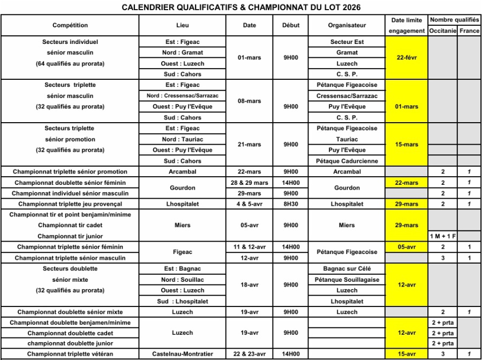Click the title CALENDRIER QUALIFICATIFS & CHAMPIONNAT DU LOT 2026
pyautogui.click(x=241, y=7)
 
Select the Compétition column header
pyautogui.click(x=70, y=25)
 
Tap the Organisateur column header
pyautogui.click(x=347, y=25)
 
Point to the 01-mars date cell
pyautogui.click(x=249, y=58)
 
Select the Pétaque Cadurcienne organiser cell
pyautogui.click(x=347, y=161)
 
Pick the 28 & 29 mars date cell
pyautogui.click(x=249, y=183)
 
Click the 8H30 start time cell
pyautogui.click(x=291, y=204)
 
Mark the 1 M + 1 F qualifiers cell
pyautogui.click(x=442, y=236)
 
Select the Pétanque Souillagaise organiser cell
pyautogui.click(x=347, y=280)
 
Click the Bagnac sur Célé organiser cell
pyautogui.click(x=347, y=268)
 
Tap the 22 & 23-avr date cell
pyautogui.click(x=249, y=354)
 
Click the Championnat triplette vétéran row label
pyautogui.click(x=70, y=354)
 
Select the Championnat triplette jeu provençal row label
pyautogui.click(x=70, y=204)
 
